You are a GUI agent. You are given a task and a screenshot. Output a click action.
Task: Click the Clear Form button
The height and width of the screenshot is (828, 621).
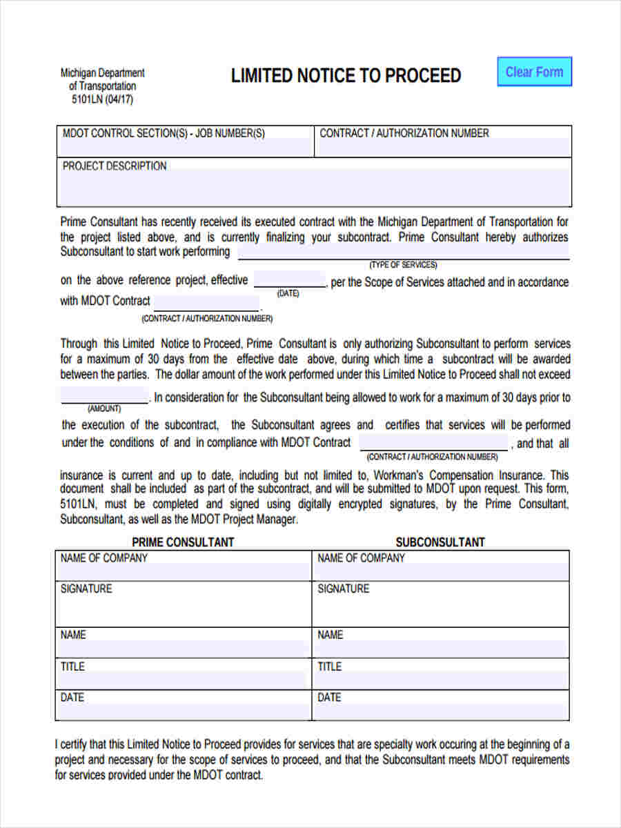pyautogui.click(x=534, y=72)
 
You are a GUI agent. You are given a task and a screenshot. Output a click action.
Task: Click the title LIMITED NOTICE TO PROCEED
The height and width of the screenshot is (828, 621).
pyautogui.click(x=346, y=76)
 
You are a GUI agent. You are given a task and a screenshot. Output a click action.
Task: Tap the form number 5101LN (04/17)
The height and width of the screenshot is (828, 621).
pyautogui.click(x=102, y=99)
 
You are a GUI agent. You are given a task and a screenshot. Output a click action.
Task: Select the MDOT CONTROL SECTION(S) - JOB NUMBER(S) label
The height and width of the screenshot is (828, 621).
pyautogui.click(x=164, y=133)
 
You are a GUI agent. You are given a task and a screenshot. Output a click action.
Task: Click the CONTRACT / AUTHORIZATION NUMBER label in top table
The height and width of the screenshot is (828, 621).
pyautogui.click(x=404, y=133)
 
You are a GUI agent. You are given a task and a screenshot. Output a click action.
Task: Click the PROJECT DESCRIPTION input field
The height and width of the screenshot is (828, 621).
pyautogui.click(x=314, y=186)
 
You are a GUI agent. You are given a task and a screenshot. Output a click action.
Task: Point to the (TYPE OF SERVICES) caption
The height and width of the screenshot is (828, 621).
pyautogui.click(x=403, y=265)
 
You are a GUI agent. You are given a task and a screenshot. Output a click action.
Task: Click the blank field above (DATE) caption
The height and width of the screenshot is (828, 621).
pyautogui.click(x=289, y=281)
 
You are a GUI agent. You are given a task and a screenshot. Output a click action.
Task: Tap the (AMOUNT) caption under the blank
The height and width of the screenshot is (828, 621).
pyautogui.click(x=104, y=409)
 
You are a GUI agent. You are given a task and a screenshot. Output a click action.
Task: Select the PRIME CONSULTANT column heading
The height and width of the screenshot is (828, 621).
pyautogui.click(x=183, y=542)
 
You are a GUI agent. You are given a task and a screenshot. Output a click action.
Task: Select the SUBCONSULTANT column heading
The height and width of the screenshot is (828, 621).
pyautogui.click(x=440, y=542)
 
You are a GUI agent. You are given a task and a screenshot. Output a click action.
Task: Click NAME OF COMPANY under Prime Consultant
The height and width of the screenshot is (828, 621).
pyautogui.click(x=104, y=558)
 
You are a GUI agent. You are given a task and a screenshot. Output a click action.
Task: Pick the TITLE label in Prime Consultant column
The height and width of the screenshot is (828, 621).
pyautogui.click(x=72, y=667)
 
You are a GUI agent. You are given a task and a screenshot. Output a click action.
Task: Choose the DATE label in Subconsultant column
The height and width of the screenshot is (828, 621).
pyautogui.click(x=329, y=698)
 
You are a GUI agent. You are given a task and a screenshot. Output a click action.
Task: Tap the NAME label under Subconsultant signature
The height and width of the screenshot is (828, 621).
pyautogui.click(x=330, y=635)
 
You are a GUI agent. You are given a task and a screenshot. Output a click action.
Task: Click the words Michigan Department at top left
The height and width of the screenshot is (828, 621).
pyautogui.click(x=102, y=73)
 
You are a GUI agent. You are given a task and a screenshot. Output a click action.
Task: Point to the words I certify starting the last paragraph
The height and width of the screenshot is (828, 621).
pyautogui.click(x=73, y=745)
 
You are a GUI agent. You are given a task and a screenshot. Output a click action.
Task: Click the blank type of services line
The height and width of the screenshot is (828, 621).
pyautogui.click(x=403, y=253)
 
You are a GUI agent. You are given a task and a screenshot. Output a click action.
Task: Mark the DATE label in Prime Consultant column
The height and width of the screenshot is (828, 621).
pyautogui.click(x=72, y=698)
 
